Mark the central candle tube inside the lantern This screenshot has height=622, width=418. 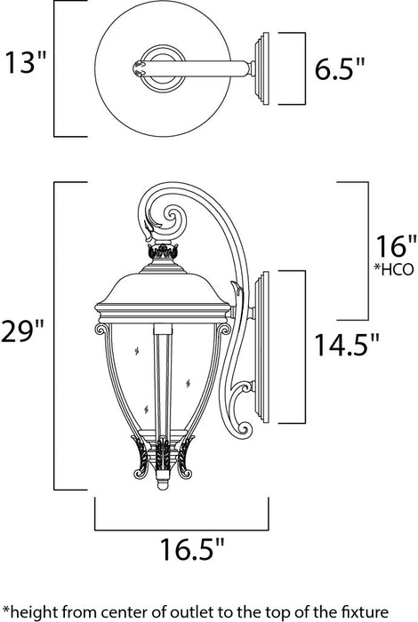point(164,382)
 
